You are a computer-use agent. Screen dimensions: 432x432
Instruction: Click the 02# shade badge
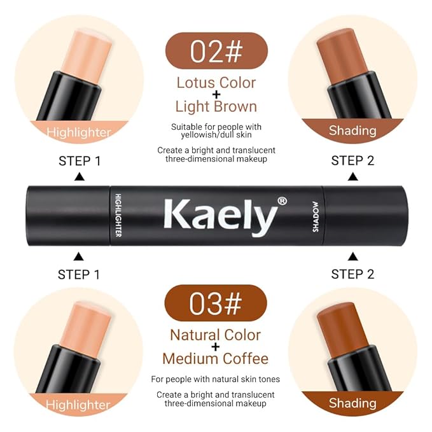pyautogui.click(x=216, y=51)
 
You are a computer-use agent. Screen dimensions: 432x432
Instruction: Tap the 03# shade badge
pyautogui.click(x=216, y=303)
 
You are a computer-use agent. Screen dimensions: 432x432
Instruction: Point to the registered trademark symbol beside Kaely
pyautogui.click(x=282, y=202)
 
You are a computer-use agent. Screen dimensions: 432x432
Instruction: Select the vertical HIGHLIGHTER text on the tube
pyautogui.click(x=118, y=215)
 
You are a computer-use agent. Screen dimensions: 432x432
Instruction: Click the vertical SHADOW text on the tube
pyautogui.click(x=316, y=216)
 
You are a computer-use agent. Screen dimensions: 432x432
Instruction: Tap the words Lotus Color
pyautogui.click(x=216, y=83)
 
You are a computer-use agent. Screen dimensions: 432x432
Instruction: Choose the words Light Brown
pyautogui.click(x=216, y=107)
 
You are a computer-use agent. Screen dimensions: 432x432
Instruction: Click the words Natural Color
pyautogui.click(x=216, y=335)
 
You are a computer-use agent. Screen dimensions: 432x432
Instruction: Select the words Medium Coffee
pyautogui.click(x=216, y=359)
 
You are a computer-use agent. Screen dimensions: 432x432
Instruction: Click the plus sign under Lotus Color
pyautogui.click(x=216, y=95)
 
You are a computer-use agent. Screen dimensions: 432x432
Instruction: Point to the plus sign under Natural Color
pyautogui.click(x=216, y=347)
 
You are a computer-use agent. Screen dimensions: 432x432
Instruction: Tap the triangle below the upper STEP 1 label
pyautogui.click(x=80, y=177)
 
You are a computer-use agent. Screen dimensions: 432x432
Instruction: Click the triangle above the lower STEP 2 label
pyautogui.click(x=352, y=256)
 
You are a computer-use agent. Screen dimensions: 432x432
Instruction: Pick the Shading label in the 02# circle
pyautogui.click(x=352, y=130)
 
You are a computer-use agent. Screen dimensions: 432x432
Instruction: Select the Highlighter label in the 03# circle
pyautogui.click(x=78, y=405)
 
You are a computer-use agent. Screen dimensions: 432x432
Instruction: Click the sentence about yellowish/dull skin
pyautogui.click(x=216, y=131)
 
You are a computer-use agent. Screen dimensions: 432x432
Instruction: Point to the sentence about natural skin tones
pyautogui.click(x=216, y=379)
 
